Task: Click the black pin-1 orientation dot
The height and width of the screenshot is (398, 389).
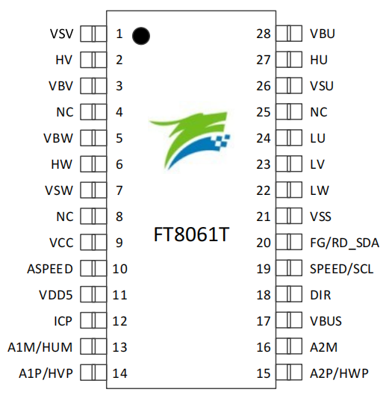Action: [x=140, y=34]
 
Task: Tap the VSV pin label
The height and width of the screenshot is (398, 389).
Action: [x=61, y=34]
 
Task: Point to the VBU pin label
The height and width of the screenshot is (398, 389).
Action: [x=323, y=34]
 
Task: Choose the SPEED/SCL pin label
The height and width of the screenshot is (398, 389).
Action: [x=341, y=269]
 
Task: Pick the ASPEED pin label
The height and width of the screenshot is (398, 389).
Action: [x=52, y=269]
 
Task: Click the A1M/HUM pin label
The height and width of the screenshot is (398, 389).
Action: [x=40, y=347]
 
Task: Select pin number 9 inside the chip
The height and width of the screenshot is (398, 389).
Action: [x=119, y=243]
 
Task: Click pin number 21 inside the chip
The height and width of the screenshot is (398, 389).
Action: [x=263, y=217]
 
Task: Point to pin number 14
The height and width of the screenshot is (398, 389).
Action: [x=120, y=373]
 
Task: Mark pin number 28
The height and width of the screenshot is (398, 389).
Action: [x=263, y=34]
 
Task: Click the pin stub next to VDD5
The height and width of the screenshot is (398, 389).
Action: [x=91, y=295]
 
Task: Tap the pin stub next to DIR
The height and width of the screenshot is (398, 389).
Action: [x=287, y=295]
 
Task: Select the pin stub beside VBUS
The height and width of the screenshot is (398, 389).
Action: [x=287, y=321]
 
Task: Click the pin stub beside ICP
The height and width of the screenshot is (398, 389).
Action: [x=91, y=321]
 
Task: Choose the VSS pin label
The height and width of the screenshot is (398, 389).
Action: [x=320, y=217]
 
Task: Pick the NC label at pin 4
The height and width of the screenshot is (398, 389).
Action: [x=64, y=112]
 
